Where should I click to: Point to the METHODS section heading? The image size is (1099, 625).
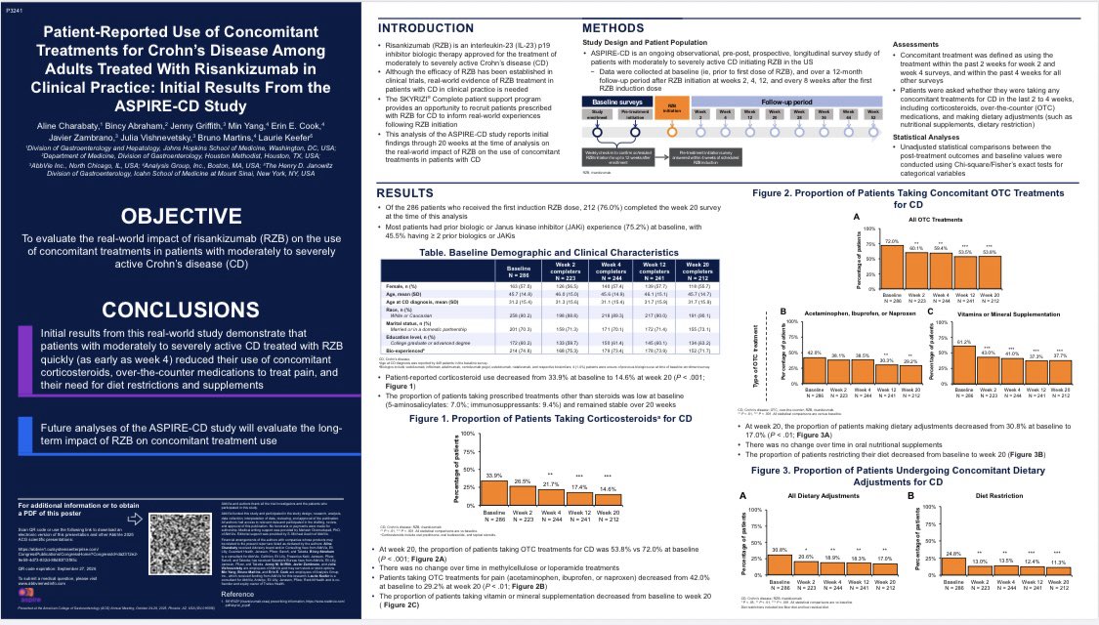[617, 27]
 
